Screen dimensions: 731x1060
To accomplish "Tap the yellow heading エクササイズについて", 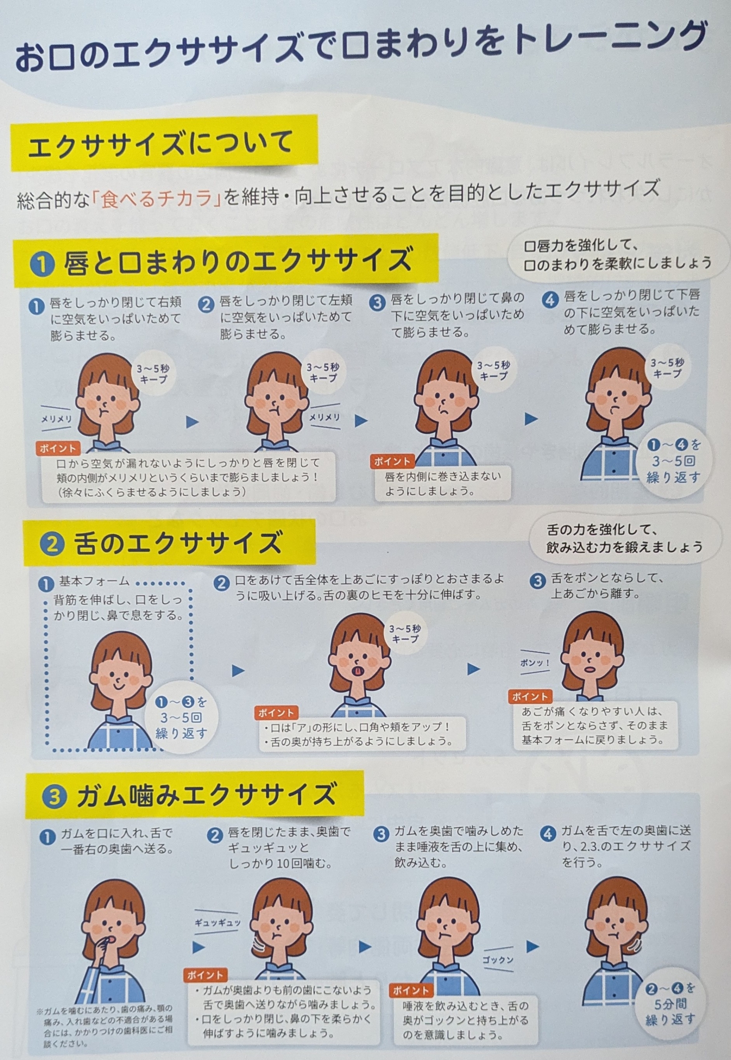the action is click(161, 143).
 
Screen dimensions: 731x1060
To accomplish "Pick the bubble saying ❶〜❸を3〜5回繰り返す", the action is click(181, 718).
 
